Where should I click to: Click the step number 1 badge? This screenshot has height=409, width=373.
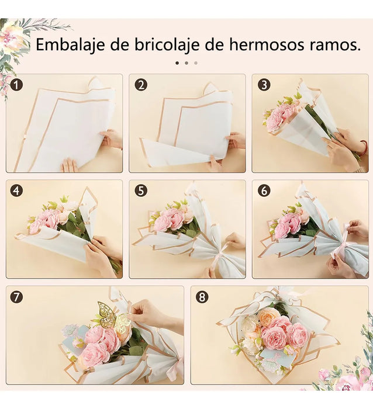click(x=17, y=85)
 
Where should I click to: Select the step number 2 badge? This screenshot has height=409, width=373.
click(x=140, y=85)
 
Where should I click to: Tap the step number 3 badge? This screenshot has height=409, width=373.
click(x=264, y=85)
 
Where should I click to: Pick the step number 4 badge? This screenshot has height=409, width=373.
click(x=17, y=190)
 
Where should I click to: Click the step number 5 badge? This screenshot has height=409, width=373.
click(x=140, y=190)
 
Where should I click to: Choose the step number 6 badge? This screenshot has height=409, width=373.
click(x=264, y=190)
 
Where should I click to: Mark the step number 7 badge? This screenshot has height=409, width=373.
click(x=17, y=297)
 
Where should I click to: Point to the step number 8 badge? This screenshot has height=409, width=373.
click(x=202, y=297)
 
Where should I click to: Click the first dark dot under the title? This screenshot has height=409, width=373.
click(x=177, y=63)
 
